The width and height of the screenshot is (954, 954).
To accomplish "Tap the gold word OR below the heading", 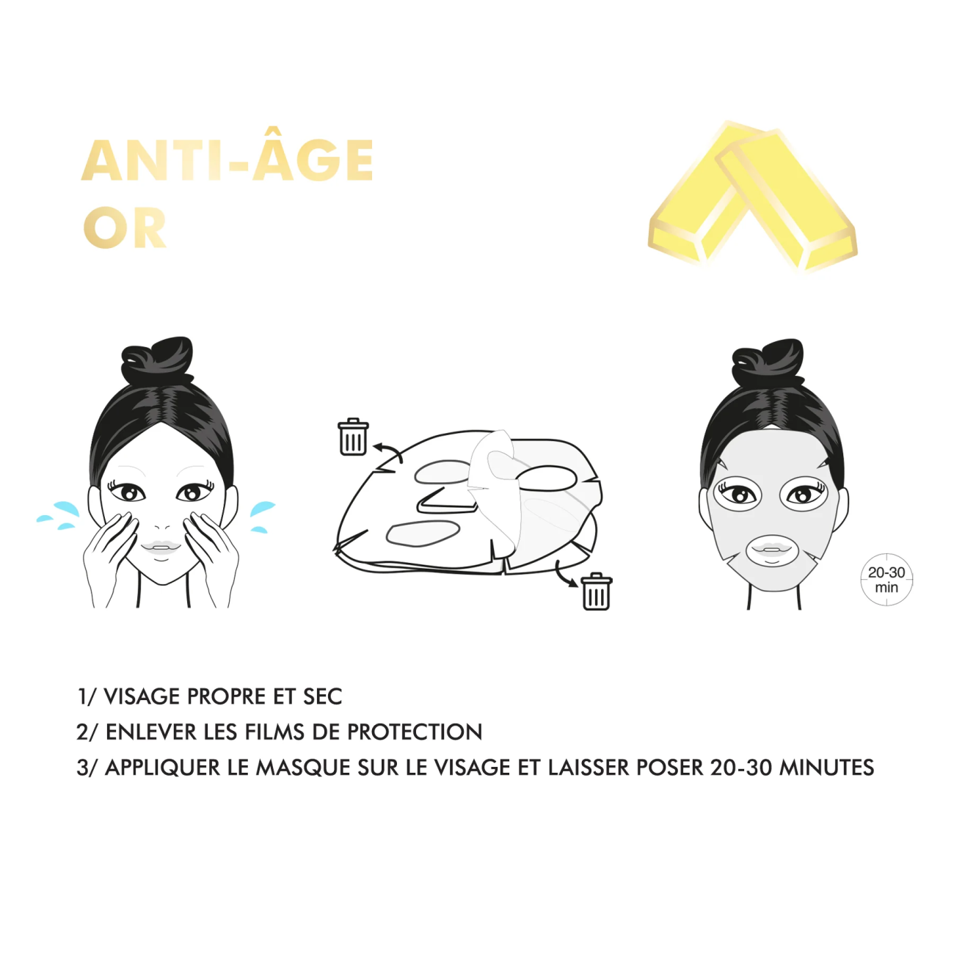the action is tap(125, 227).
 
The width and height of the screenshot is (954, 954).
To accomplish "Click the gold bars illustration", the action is tap(752, 196).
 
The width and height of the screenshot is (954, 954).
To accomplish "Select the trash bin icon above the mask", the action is tap(353, 437).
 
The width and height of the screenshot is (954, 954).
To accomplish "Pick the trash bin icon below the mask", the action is tap(596, 591).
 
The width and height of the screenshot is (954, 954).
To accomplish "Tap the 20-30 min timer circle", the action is tap(886, 580).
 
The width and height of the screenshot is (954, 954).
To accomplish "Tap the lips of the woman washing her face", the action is tap(161, 547).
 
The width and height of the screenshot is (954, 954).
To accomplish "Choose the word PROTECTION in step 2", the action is tap(415, 732).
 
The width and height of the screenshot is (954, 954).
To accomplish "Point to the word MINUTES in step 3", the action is tap(827, 768).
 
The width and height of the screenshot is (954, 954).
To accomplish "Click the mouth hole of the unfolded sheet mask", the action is tap(423, 534).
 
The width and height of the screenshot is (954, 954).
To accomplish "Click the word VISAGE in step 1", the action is tap(142, 696).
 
